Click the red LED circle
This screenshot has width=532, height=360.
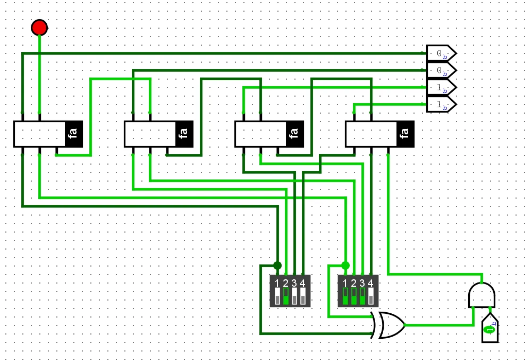[x=39, y=27]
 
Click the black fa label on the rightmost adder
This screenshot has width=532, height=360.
[x=406, y=134]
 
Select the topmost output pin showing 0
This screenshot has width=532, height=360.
[x=441, y=54]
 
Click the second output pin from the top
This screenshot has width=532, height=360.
[x=441, y=70]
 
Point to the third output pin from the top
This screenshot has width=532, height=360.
[x=441, y=88]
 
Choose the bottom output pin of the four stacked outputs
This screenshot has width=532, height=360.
[x=441, y=105]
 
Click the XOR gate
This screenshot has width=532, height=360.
[x=390, y=325]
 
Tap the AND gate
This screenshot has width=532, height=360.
[x=482, y=295]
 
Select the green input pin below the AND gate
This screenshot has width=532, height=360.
[x=490, y=329]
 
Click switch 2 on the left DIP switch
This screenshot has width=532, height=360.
[x=286, y=296]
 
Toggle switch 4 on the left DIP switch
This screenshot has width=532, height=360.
[x=303, y=296]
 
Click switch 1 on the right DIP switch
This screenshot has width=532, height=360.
[x=345, y=296]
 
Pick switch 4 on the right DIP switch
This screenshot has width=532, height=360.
[x=371, y=296]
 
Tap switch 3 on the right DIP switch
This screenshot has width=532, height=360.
[x=362, y=296]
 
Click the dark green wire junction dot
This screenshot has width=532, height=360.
[x=277, y=265]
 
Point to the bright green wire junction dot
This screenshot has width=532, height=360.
[x=345, y=265]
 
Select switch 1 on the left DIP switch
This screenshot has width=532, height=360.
[x=277, y=296]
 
